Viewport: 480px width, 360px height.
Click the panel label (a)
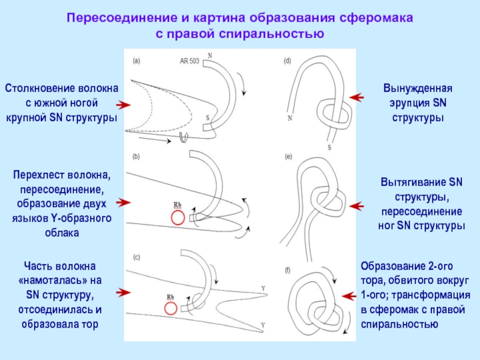[x=136, y=61]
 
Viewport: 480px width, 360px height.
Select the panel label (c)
[x=136, y=257]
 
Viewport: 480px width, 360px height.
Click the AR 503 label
[x=190, y=61]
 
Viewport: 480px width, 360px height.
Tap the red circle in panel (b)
[x=178, y=217]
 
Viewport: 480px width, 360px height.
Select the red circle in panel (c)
[x=171, y=308]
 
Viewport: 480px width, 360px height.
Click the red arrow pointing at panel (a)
[x=124, y=105]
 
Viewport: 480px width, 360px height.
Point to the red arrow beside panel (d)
[x=356, y=97]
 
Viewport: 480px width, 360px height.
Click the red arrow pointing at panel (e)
[x=356, y=206]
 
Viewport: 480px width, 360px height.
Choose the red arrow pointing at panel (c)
[x=124, y=292]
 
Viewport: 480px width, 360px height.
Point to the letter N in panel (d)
[x=290, y=118]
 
